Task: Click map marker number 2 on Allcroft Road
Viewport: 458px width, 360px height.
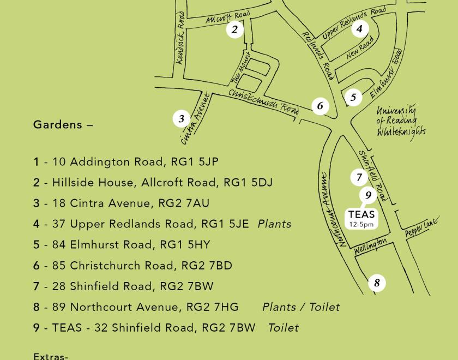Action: pos(234,29)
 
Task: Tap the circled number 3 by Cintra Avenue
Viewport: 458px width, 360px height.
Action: pos(182,118)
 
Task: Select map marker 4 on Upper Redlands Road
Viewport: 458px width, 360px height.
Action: pos(359,29)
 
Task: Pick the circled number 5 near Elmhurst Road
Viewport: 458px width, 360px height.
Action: pos(353,98)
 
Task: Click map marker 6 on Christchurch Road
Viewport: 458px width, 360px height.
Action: pos(320,106)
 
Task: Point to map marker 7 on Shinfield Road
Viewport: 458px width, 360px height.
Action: pos(359,177)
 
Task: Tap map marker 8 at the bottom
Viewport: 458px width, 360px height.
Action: pos(376,283)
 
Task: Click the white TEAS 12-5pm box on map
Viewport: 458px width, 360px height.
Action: pos(361,218)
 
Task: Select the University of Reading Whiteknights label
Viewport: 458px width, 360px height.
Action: pos(400,121)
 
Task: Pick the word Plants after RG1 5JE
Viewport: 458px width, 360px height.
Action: pos(274,224)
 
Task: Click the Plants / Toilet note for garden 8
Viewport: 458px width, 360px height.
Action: pos(300,307)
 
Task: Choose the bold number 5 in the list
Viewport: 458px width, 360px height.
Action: pos(37,245)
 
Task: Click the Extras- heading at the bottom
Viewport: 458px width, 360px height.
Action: pos(51,356)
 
